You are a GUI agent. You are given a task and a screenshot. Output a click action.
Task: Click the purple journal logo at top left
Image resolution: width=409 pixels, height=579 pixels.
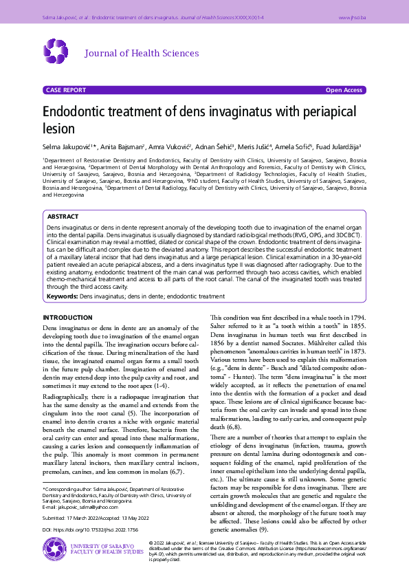[x=56, y=51]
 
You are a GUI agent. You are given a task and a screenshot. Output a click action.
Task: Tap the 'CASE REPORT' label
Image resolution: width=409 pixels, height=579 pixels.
[x=65, y=90]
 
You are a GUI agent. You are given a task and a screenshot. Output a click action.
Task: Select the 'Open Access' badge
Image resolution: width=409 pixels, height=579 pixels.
[x=344, y=90]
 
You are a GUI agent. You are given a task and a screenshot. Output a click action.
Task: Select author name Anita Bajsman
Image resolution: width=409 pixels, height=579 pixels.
[x=122, y=146]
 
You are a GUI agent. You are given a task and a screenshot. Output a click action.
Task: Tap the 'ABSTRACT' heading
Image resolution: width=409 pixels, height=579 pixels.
[x=63, y=216]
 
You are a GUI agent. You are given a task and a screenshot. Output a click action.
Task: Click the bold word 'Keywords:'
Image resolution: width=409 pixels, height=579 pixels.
[x=62, y=296]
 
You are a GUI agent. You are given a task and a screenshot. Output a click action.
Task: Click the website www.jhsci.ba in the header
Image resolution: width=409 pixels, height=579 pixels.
[x=352, y=15]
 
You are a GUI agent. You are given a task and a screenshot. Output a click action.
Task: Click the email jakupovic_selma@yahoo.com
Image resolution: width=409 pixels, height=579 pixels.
[x=76, y=507]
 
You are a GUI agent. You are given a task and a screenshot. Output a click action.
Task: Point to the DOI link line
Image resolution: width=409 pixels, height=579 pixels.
[x=90, y=530]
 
